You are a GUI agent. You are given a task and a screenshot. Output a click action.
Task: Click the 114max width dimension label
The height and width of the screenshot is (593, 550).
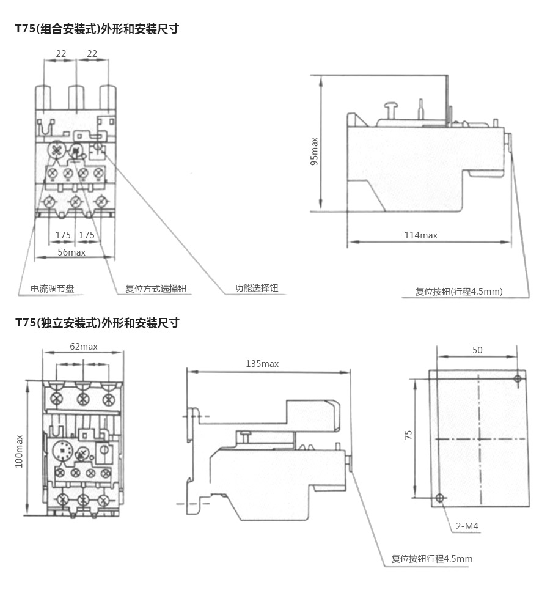pos(420,235)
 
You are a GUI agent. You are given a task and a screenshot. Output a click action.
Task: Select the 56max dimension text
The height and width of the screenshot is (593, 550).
pos(71,252)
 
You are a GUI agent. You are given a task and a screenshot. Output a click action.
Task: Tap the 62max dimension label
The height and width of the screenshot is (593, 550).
pos(84,347)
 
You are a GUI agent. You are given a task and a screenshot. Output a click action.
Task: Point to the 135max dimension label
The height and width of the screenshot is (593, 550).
pos(262,364)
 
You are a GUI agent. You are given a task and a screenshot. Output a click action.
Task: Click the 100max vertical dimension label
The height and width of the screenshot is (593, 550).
pos(19,452)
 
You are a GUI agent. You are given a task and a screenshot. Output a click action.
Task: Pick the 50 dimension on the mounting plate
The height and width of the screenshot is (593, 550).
pos(477,350)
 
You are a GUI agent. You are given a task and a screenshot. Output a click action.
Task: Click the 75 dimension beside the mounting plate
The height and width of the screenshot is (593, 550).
pos(408,435)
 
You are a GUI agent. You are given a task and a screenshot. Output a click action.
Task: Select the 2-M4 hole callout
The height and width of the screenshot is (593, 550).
pos(467,526)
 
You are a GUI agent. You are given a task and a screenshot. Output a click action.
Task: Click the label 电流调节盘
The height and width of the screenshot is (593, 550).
pos(53,289)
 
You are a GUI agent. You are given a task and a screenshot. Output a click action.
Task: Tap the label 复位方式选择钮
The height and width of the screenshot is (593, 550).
pos(156,289)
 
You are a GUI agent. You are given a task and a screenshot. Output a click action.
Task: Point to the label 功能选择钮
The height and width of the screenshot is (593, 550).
pos(257,287)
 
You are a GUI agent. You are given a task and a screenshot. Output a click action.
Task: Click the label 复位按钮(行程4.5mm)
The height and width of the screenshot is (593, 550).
pos(459,292)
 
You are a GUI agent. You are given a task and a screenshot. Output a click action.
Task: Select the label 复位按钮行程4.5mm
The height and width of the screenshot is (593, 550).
pos(432,559)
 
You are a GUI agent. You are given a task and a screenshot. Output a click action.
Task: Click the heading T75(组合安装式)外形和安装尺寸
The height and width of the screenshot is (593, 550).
pos(97,29)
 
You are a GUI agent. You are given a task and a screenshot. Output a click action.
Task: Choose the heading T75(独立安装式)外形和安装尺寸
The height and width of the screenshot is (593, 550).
pos(97,323)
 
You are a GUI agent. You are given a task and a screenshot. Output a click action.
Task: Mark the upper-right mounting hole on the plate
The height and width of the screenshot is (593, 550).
pos(518,379)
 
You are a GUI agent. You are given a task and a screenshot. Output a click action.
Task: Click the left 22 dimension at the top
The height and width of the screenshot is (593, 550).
pos(61,54)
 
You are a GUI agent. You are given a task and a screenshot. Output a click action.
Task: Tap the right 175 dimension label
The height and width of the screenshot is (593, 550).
pos(87,235)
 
